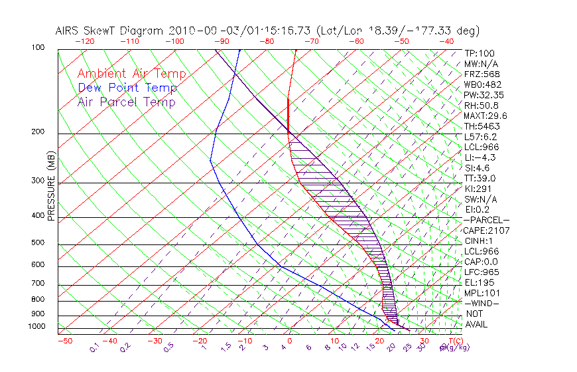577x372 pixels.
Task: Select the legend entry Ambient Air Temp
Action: pos(131,74)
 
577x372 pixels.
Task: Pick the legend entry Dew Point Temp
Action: pos(127,88)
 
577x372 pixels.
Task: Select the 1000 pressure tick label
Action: pos(37,326)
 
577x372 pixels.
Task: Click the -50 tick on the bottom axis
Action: pos(64,341)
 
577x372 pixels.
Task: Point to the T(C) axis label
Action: pos(451,341)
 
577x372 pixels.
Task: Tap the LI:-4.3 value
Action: pos(480,157)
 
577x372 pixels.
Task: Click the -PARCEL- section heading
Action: pos(486,220)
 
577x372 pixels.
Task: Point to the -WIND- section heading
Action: pos(482,303)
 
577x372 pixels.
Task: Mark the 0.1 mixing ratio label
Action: pos(94,347)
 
